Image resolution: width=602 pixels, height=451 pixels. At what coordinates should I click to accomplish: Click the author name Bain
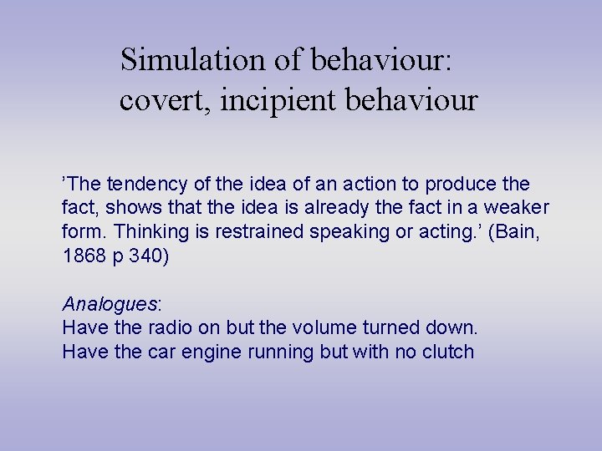[x=518, y=231]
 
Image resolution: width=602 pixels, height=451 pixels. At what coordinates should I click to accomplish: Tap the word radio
[x=168, y=327]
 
